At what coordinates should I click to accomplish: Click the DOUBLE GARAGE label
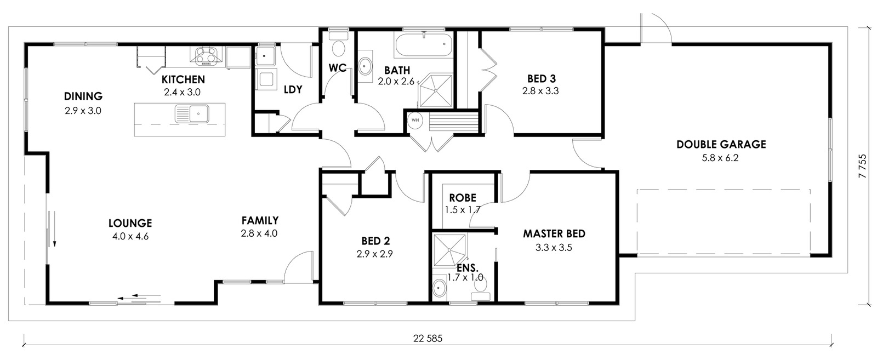[x=721, y=145]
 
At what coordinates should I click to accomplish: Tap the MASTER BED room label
[x=554, y=234]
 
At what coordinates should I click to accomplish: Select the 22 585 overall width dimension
[x=428, y=339]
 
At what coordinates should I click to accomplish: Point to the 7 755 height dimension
[x=863, y=167]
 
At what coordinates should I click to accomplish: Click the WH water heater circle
[x=415, y=120]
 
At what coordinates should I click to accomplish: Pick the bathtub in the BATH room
[x=424, y=46]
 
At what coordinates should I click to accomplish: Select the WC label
[x=338, y=68]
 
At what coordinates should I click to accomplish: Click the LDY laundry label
[x=293, y=90]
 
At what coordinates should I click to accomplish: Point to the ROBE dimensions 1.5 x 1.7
[x=463, y=210]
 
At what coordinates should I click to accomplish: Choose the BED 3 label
[x=542, y=79]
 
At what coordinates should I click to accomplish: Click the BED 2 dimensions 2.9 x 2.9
[x=375, y=254]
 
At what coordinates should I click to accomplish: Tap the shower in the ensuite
[x=449, y=250]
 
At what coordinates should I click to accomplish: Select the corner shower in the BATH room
[x=436, y=90]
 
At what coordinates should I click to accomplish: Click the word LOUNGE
[x=130, y=224]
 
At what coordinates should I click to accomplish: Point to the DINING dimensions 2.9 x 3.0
[x=83, y=111]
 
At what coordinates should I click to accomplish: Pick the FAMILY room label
[x=260, y=221]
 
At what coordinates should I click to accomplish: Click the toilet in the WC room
[x=338, y=44]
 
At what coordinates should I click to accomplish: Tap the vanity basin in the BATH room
[x=365, y=67]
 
